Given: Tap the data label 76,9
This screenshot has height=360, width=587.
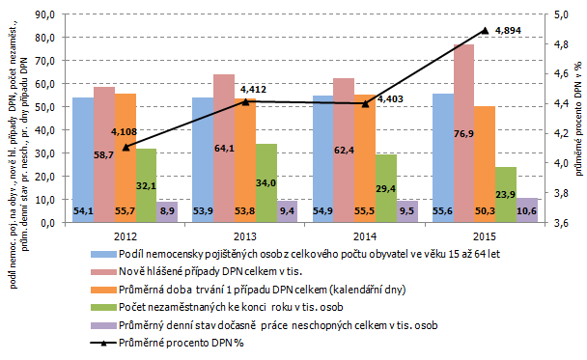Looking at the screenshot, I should point(463,133).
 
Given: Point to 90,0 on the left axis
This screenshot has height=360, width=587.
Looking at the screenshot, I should point(45,14).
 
